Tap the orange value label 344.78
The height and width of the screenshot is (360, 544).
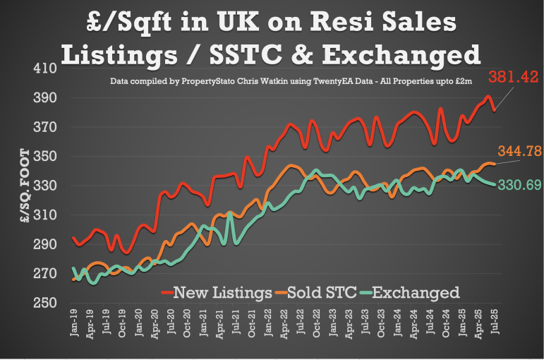(519, 150)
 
